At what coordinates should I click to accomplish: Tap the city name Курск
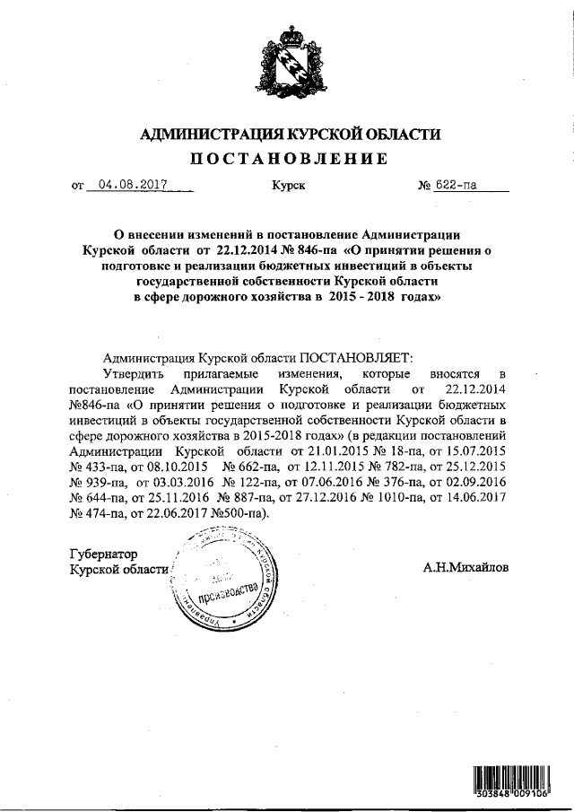(287, 187)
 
